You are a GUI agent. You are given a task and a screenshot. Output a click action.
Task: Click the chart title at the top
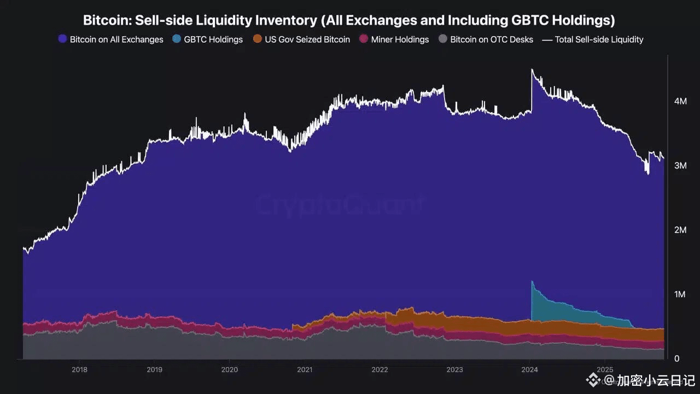point(349,21)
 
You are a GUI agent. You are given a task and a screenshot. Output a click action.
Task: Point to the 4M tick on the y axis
point(680,101)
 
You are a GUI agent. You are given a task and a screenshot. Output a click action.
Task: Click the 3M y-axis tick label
point(680,165)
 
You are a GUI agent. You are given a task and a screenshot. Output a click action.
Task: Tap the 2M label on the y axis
point(680,230)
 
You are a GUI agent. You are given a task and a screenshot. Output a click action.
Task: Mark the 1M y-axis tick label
point(680,294)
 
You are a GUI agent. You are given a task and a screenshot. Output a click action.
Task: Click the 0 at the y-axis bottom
point(676,358)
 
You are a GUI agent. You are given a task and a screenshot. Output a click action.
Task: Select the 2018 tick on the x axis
point(79,369)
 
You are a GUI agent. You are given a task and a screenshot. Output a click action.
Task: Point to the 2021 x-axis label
point(305,369)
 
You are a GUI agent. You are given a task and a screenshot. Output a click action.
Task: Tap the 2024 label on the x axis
point(530,369)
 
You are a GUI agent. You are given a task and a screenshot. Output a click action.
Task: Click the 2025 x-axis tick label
point(605,369)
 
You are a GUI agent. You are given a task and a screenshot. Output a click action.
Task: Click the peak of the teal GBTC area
point(532,282)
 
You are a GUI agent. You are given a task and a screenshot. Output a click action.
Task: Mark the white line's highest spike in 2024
point(532,70)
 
